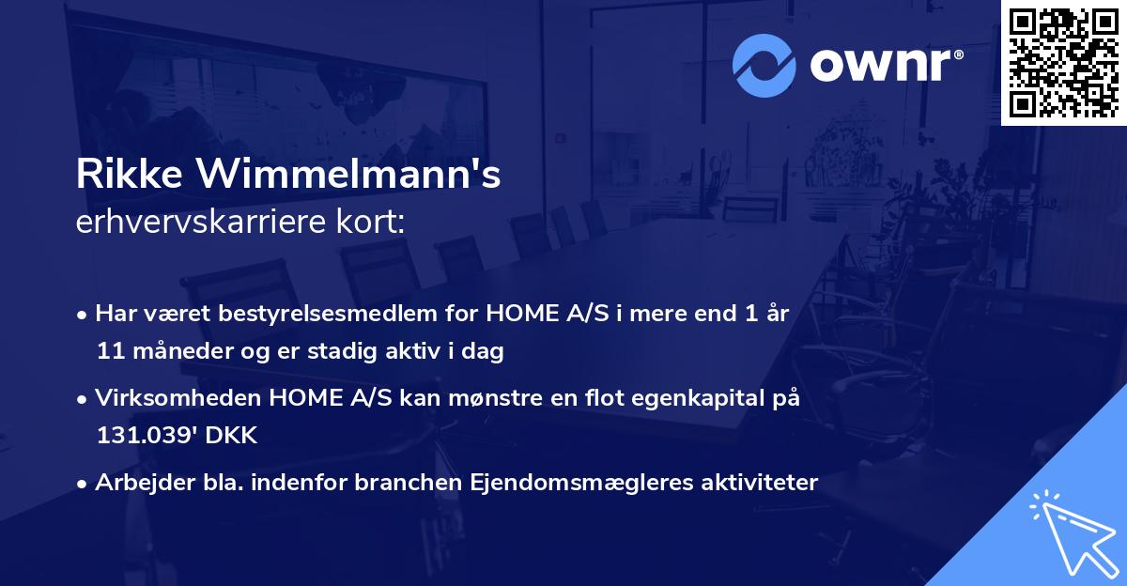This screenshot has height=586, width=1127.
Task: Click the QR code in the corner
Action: (1064, 63)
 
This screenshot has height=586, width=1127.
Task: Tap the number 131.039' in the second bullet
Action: (140, 436)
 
